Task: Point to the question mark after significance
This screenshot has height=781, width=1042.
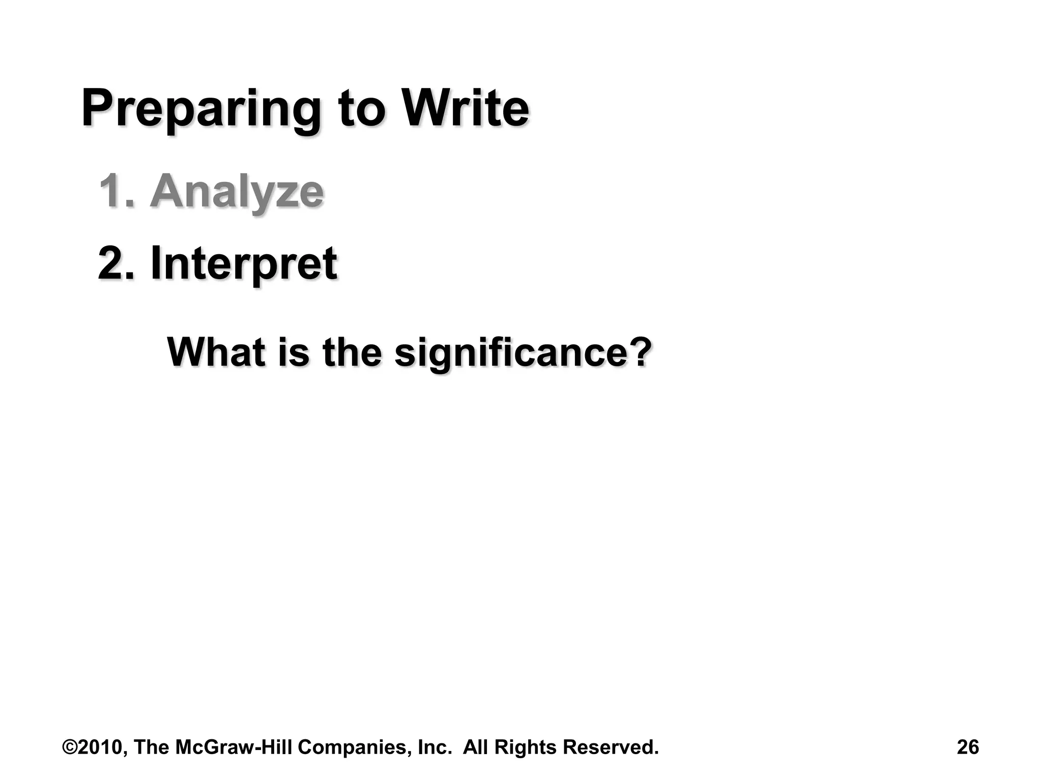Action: [x=639, y=351]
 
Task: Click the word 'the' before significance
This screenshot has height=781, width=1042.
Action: [x=352, y=351]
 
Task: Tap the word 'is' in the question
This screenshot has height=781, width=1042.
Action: [x=294, y=351]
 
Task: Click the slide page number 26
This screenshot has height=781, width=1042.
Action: [x=968, y=747]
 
